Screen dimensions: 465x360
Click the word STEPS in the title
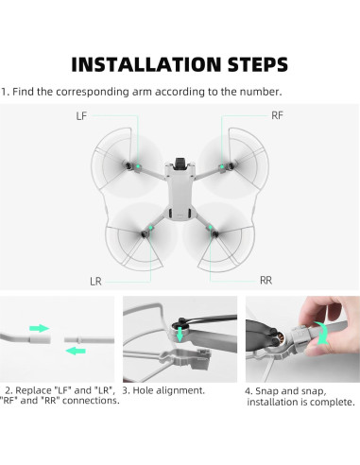(x=250, y=64)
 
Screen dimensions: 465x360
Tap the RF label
(x=276, y=115)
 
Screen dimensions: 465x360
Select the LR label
(x=95, y=281)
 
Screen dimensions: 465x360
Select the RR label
(x=266, y=281)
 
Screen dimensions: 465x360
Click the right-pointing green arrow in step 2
(x=39, y=328)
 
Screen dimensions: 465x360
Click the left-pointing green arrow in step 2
(x=75, y=350)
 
